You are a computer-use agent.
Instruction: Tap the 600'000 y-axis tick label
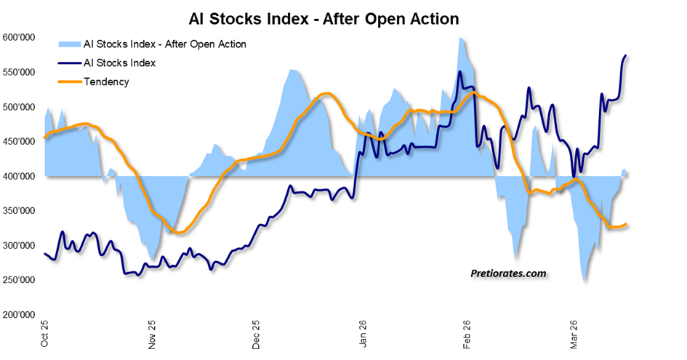20,38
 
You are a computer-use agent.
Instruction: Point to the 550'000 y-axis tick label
20,73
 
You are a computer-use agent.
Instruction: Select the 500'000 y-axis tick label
20,107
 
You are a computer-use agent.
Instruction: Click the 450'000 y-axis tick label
20,142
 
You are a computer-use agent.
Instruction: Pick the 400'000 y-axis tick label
20,176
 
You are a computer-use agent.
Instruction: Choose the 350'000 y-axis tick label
20,211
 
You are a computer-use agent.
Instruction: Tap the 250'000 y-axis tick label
20,280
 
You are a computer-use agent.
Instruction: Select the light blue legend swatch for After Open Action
71,44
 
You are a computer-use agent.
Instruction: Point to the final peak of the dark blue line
626,55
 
